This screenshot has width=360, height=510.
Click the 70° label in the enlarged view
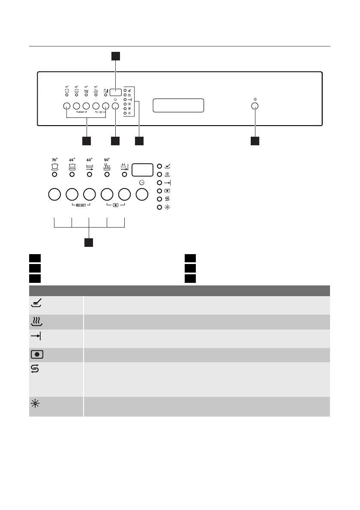point(54,160)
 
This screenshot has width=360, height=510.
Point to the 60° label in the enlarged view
point(89,160)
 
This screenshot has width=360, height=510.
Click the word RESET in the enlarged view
point(81,205)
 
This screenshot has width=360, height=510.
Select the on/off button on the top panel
point(255,106)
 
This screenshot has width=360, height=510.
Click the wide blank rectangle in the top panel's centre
point(178,105)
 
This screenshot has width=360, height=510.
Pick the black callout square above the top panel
point(116,56)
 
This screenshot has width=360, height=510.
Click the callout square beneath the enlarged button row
point(89,243)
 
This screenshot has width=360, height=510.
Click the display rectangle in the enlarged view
point(142,170)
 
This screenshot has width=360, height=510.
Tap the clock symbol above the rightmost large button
point(141,183)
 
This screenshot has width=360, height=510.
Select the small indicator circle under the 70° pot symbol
point(54,174)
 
